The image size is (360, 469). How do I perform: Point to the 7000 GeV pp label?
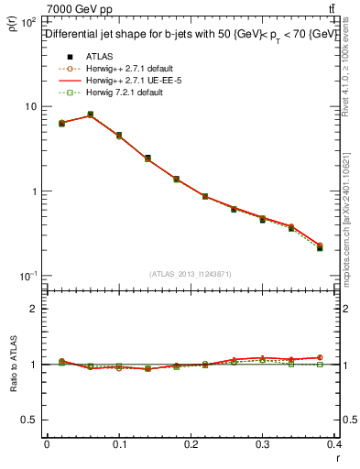click(71, 8)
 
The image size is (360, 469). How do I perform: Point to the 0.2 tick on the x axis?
click(191, 444)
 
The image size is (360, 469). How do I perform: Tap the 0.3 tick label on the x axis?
click(263, 444)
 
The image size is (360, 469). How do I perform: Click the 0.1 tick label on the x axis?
click(118, 444)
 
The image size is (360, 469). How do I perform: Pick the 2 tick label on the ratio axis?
click(32, 309)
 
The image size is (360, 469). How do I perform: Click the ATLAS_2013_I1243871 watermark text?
click(191, 273)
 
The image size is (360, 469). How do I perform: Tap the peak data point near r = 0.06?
click(90, 115)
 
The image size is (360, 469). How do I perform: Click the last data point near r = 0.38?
click(320, 247)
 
